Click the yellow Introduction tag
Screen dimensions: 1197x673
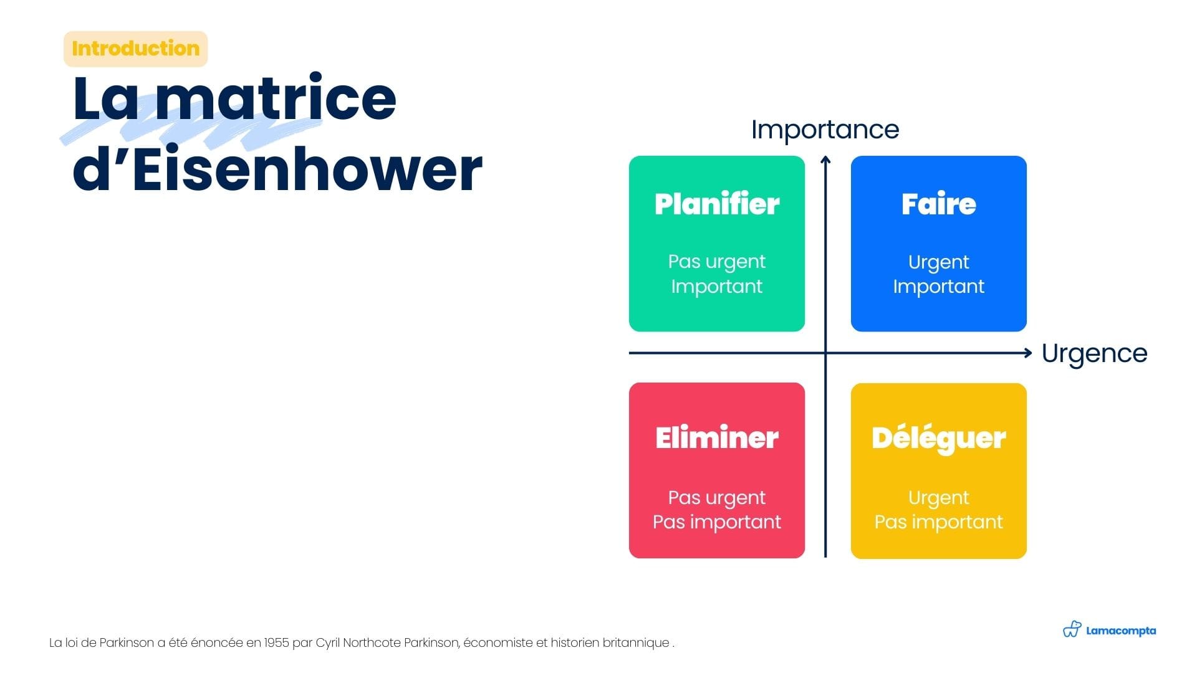135,49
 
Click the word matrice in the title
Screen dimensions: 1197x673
276,98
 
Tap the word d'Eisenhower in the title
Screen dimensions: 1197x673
277,168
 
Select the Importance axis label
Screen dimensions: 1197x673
825,130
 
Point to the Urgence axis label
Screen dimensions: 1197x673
1094,353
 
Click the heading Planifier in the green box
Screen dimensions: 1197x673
717,204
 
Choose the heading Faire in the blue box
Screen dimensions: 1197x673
938,204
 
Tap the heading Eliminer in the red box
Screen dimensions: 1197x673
717,437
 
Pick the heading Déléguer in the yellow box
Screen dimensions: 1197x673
938,439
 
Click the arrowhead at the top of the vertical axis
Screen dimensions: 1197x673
825,160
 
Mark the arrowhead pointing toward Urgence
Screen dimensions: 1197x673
1028,353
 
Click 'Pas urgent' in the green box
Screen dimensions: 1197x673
717,262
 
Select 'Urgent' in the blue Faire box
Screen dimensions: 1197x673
938,262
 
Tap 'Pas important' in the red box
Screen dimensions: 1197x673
717,522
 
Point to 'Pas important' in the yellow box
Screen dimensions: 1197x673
938,522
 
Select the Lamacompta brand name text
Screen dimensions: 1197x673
1121,631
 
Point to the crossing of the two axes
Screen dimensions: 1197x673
825,353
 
